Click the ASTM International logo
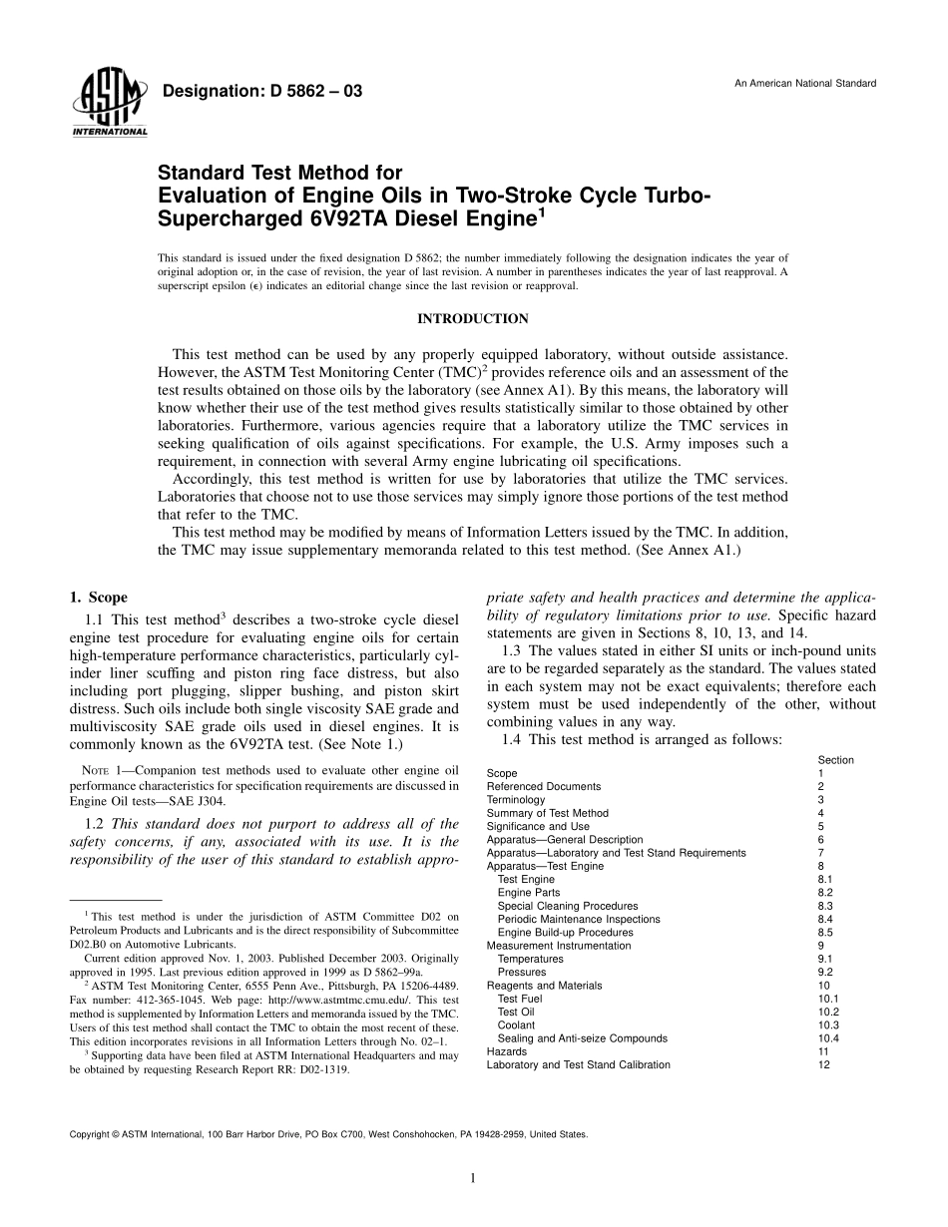(x=109, y=103)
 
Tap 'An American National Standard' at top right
(x=805, y=83)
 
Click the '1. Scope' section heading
(x=98, y=598)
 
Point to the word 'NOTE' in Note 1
(x=95, y=770)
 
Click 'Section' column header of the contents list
(x=835, y=760)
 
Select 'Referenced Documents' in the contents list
(x=543, y=787)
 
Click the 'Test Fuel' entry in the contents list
(x=520, y=999)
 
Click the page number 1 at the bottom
(x=473, y=1178)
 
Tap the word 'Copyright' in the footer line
(x=89, y=1134)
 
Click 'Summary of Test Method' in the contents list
(x=547, y=813)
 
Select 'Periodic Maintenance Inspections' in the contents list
(x=579, y=919)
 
